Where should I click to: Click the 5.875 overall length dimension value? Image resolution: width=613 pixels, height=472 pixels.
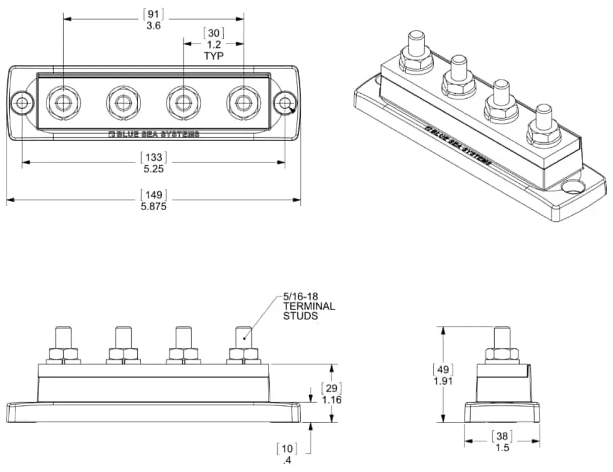click(153, 207)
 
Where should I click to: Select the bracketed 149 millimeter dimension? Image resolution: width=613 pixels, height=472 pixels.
click(153, 196)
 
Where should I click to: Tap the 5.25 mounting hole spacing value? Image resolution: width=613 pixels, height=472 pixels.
click(153, 169)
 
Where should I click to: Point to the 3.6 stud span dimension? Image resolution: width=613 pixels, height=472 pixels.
click(153, 26)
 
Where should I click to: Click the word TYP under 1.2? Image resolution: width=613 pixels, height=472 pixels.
click(214, 56)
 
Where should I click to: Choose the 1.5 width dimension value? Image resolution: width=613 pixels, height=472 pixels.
click(502, 447)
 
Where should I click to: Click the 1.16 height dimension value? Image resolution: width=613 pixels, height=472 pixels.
click(332, 400)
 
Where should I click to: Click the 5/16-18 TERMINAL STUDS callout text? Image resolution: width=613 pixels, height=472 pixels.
click(309, 306)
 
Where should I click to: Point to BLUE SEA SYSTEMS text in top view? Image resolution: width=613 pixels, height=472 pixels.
click(153, 134)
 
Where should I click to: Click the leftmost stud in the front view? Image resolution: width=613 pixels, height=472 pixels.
click(63, 338)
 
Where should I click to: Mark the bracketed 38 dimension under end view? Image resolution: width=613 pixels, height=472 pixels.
click(502, 436)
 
